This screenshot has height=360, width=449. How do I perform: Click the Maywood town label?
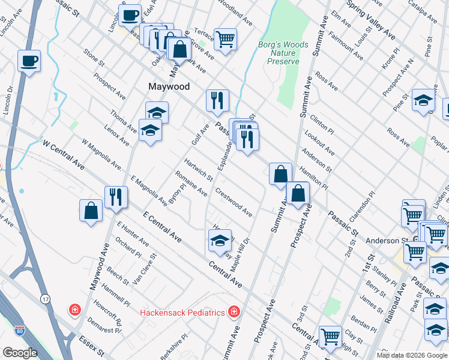(x=169, y=86)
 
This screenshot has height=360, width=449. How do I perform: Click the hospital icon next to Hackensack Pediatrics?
(x=233, y=312)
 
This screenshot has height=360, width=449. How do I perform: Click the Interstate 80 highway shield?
(x=19, y=331)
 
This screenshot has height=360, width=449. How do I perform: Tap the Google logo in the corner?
(x=20, y=353)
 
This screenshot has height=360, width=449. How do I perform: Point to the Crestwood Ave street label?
(x=234, y=203)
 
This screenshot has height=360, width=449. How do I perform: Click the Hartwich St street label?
(x=198, y=170)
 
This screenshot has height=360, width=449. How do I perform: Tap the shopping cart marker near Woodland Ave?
(x=225, y=40)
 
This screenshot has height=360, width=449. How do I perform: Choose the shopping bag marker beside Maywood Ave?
(x=91, y=211)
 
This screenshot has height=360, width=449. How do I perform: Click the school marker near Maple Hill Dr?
(x=219, y=241)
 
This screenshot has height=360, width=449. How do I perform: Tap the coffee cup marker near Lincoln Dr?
(x=29, y=61)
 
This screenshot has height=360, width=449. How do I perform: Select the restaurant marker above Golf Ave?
(x=217, y=100)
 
